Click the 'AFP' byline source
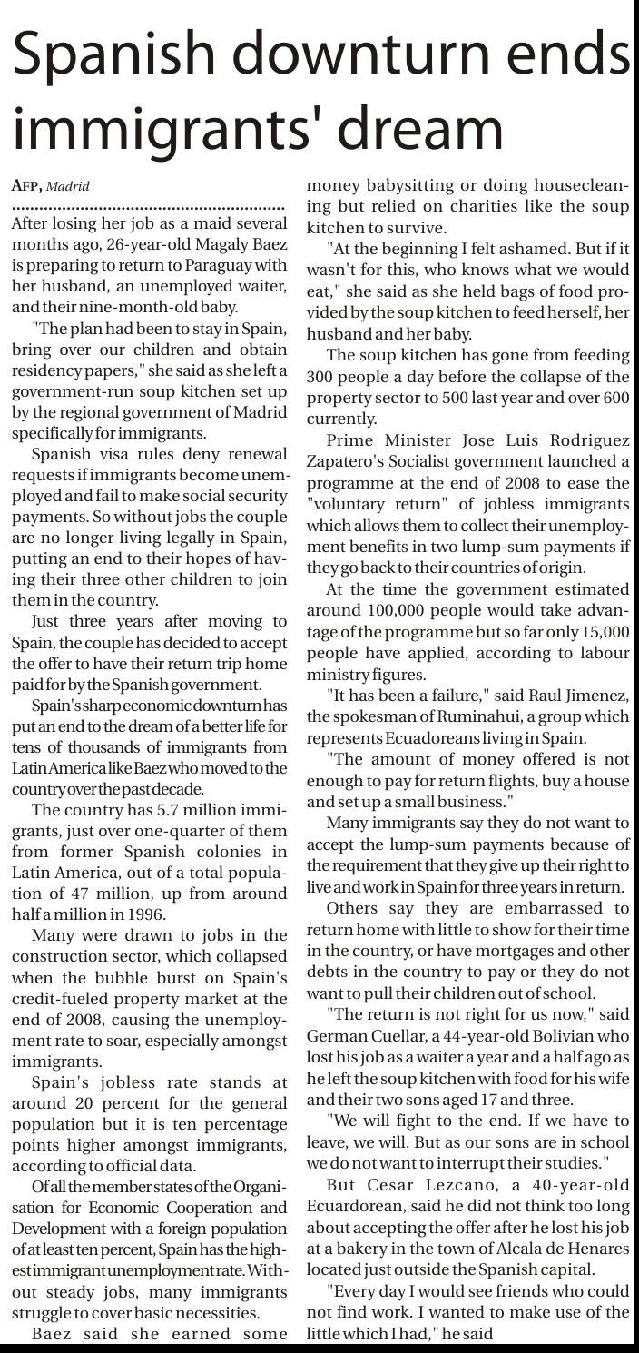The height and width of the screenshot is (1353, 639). [26, 186]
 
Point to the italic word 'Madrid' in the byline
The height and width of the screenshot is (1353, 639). [68, 187]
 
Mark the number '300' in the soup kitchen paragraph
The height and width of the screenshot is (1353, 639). [322, 377]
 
